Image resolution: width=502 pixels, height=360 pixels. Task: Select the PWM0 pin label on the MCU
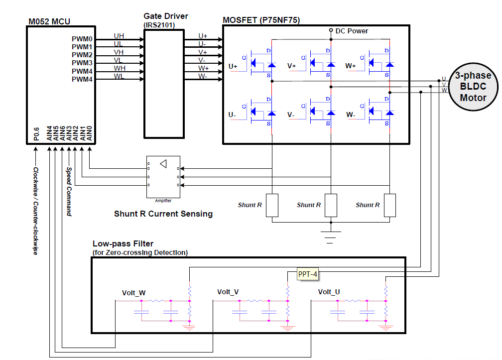(82, 38)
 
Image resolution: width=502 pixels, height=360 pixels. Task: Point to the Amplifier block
(163, 177)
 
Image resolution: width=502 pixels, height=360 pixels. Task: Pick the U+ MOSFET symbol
(262, 62)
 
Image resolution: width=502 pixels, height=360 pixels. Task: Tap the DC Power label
(352, 31)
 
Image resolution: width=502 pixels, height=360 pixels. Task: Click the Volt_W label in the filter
(134, 292)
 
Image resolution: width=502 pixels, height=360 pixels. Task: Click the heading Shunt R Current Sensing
(163, 214)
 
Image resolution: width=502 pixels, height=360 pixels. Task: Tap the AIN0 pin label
(89, 133)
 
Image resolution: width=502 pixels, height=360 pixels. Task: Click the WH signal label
(120, 68)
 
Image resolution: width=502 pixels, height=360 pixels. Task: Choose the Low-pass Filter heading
(123, 244)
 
